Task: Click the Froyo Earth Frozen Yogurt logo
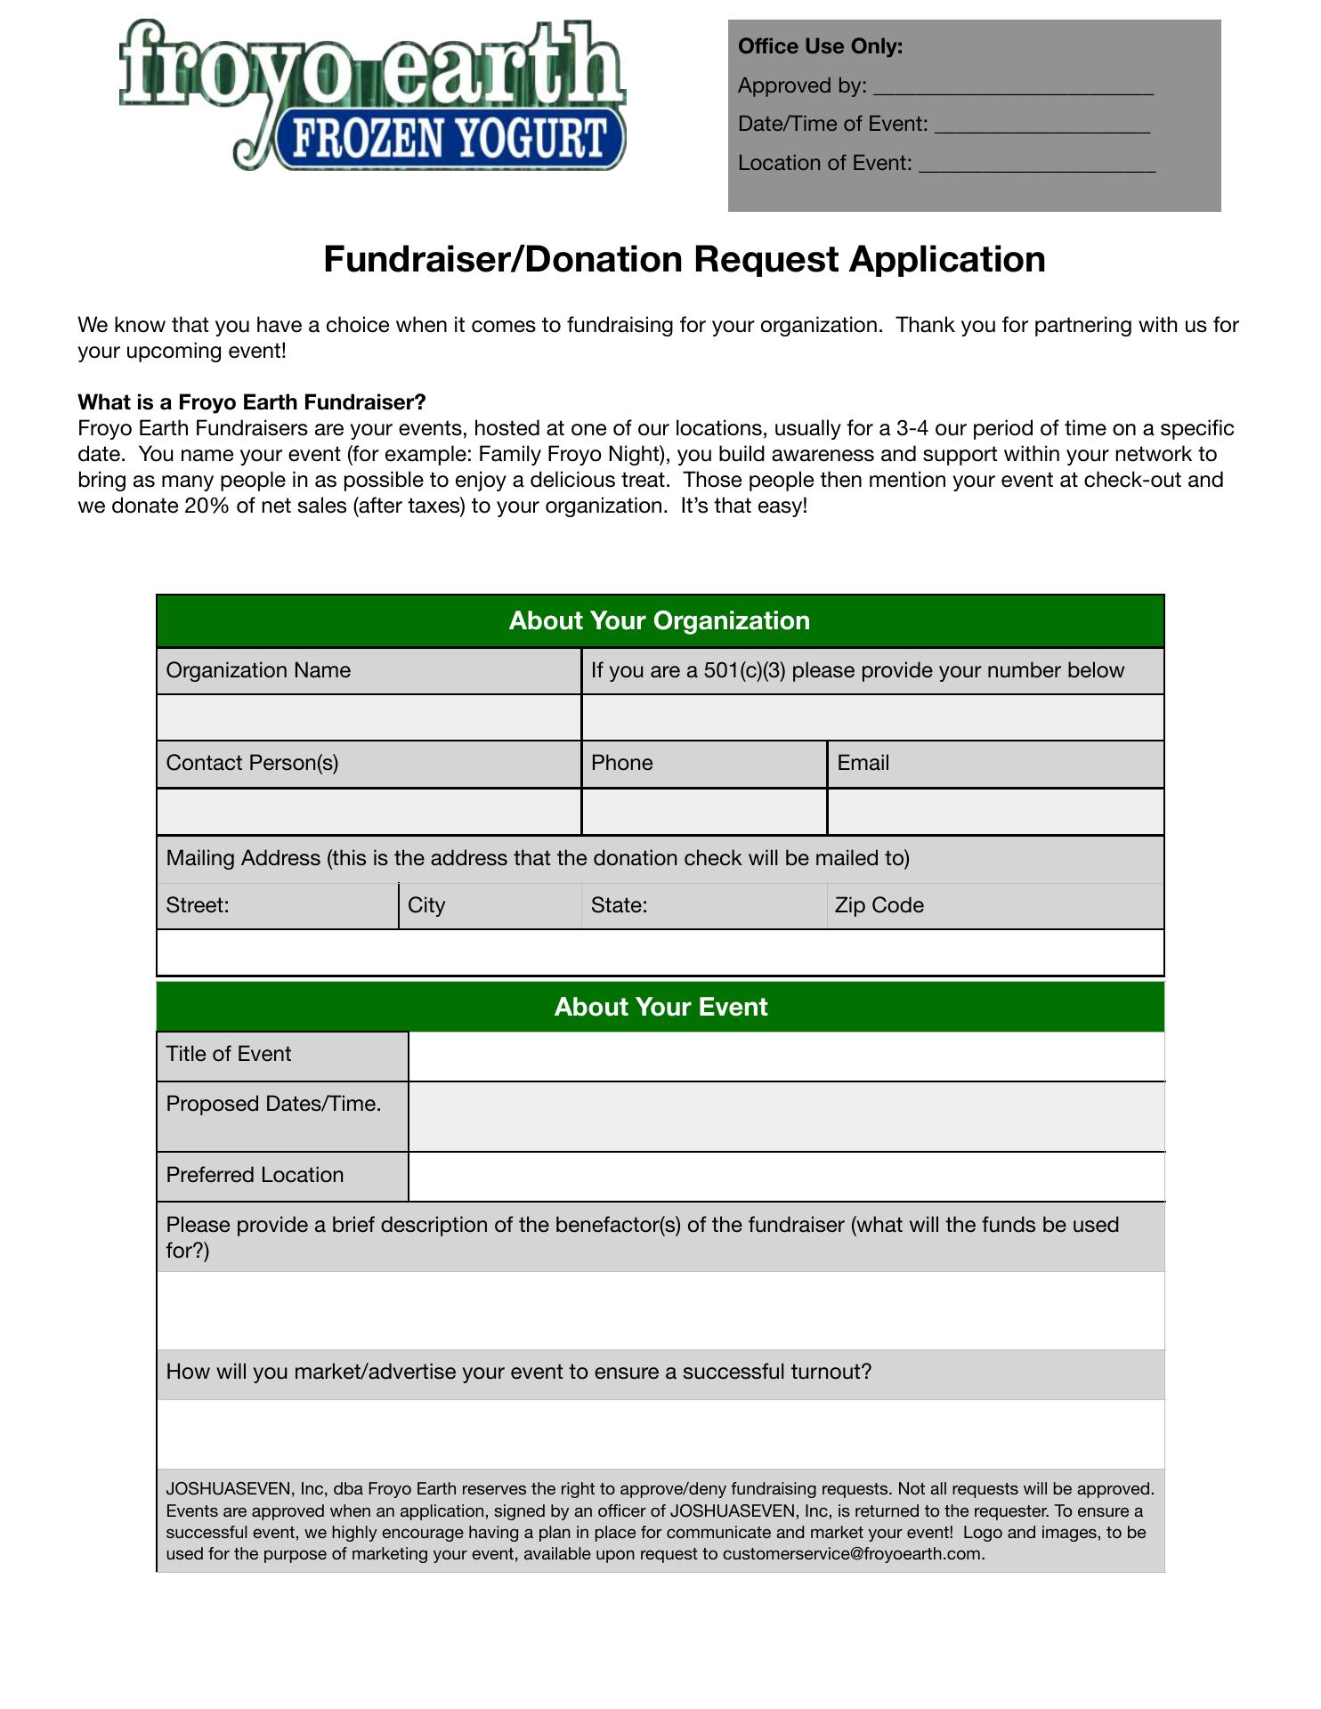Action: pyautogui.click(x=373, y=95)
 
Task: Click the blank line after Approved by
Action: pyautogui.click(x=1013, y=89)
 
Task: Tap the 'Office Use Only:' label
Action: pyautogui.click(x=820, y=46)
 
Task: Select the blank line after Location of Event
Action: pyautogui.click(x=1036, y=166)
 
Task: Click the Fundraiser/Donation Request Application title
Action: pyautogui.click(x=684, y=259)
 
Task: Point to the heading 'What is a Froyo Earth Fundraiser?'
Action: pyautogui.click(x=252, y=401)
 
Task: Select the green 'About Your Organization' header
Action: pyautogui.click(x=660, y=620)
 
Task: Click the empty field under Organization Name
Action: pyautogui.click(x=369, y=717)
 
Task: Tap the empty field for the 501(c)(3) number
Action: pyautogui.click(x=872, y=717)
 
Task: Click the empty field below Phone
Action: pyautogui.click(x=704, y=812)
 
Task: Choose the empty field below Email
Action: pyautogui.click(x=995, y=812)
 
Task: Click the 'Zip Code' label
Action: pyautogui.click(x=879, y=905)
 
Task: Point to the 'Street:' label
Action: pyautogui.click(x=198, y=905)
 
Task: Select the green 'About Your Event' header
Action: pyautogui.click(x=660, y=1007)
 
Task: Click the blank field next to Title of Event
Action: pyautogui.click(x=786, y=1056)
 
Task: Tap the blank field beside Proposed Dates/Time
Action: pyautogui.click(x=786, y=1116)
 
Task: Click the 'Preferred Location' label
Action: pyautogui.click(x=255, y=1175)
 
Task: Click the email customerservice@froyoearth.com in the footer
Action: pyautogui.click(x=852, y=1554)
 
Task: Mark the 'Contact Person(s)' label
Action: pyautogui.click(x=252, y=763)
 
